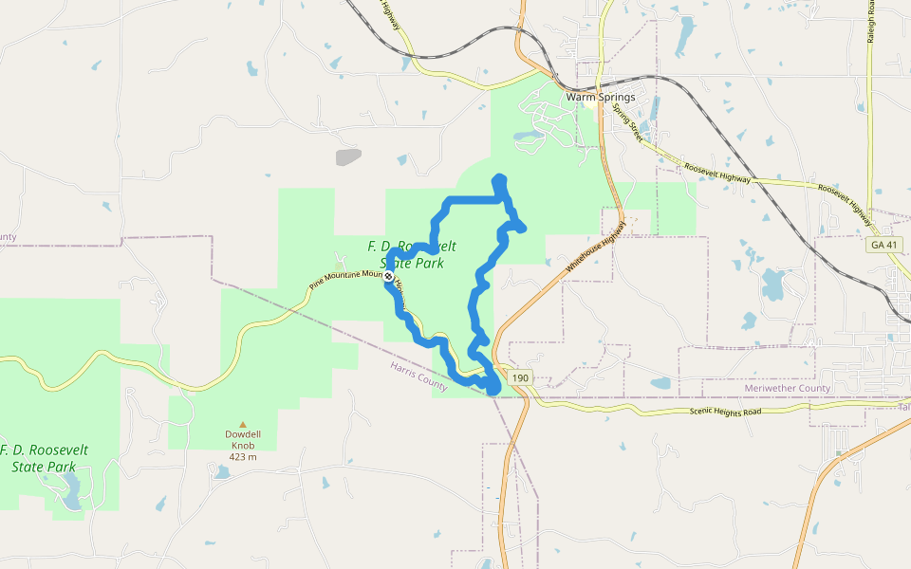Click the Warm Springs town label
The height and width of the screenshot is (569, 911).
coord(601,97)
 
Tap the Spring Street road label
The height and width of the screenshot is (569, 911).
coord(627,123)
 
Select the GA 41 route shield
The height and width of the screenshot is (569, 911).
coord(881,245)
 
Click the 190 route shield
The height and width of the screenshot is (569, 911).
coord(519,378)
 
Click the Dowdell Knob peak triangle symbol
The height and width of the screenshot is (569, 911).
coord(243,424)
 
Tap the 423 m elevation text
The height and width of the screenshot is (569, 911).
coord(243,456)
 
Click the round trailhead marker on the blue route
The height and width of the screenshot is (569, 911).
coord(389,276)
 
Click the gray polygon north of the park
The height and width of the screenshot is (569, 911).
coord(348,156)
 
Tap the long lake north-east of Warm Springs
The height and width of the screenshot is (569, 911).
coord(684,35)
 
